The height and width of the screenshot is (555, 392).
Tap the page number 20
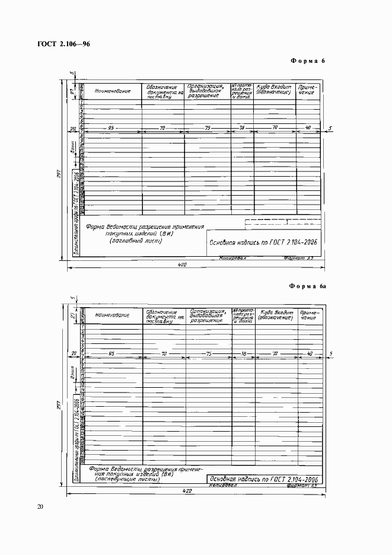tap(40, 506)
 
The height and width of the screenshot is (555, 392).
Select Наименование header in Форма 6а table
tap(112, 314)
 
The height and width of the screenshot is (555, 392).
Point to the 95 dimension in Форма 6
tap(111, 128)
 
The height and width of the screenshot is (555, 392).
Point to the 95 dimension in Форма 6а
tap(111, 353)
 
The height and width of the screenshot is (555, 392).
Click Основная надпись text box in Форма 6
tap(263, 242)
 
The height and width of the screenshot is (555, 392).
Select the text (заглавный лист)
tap(135, 240)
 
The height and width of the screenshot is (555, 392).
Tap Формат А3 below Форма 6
tap(299, 259)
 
